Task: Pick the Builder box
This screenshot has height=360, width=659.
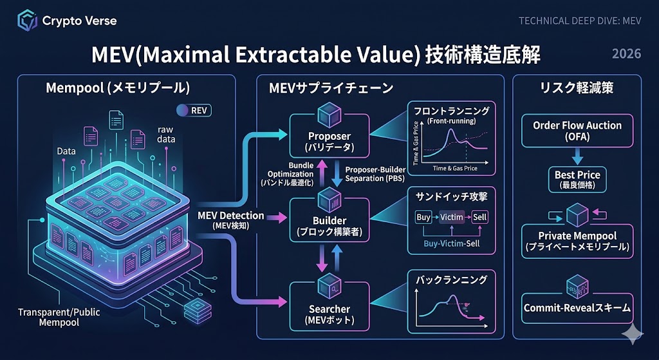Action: pyautogui.click(x=329, y=220)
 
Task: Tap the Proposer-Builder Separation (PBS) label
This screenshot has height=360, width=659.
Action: pyautogui.click(x=376, y=173)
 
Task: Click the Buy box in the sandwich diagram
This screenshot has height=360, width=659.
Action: pyautogui.click(x=423, y=217)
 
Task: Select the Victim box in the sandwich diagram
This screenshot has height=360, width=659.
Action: pyautogui.click(x=451, y=217)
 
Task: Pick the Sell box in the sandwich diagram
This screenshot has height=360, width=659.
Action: pyautogui.click(x=480, y=217)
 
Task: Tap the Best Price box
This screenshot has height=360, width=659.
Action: pyautogui.click(x=577, y=179)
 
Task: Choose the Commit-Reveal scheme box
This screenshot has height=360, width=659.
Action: pyautogui.click(x=577, y=308)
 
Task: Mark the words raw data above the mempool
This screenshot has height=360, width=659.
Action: pyautogui.click(x=165, y=135)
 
